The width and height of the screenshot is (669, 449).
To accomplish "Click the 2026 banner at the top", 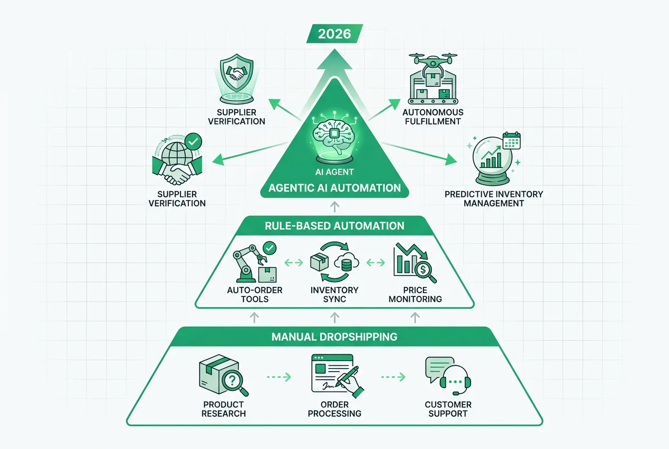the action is coord(334,33).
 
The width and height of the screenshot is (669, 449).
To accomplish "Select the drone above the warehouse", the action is coord(433,62).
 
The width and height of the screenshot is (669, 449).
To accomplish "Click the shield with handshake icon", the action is coord(237,73).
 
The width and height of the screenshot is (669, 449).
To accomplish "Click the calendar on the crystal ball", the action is coord(512,140).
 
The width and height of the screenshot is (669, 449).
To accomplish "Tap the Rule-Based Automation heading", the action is coord(334,226).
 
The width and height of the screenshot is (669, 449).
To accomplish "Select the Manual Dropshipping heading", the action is coord(334,337).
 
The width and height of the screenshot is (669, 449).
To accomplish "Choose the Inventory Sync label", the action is coord(334,294).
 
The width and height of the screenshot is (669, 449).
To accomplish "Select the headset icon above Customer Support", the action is coord(455,380).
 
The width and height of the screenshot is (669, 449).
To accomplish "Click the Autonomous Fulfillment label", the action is coord(433,117).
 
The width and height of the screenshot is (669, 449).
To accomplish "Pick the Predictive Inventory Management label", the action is coord(494,199).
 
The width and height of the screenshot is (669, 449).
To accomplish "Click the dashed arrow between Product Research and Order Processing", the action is coord(279,377).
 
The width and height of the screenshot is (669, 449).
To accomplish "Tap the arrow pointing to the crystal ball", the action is coord(419,153).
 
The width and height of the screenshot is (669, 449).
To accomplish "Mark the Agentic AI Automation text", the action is coord(334,188).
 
